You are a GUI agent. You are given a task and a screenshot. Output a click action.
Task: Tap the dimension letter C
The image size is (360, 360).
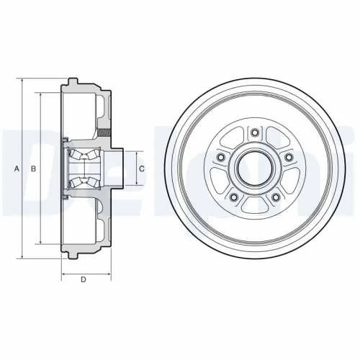[143, 168]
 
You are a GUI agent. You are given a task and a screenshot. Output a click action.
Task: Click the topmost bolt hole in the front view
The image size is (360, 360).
[254, 132]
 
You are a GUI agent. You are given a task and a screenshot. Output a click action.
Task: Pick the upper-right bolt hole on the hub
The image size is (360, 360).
[289, 157]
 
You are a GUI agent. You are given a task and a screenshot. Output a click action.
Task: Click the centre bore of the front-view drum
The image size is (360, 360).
[254, 168]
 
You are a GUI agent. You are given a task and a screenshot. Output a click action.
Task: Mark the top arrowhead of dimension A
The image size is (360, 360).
[23, 81]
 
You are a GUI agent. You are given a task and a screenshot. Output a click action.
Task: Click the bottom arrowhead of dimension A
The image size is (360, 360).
[23, 258]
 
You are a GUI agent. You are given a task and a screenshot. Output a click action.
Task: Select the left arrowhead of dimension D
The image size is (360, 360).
[63, 274]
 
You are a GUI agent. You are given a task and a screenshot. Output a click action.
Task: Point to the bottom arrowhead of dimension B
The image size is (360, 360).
[40, 243]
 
